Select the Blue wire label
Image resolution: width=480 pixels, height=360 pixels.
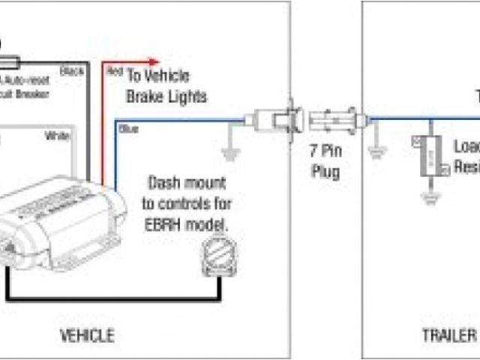pos(129,130)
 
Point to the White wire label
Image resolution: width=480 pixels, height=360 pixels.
pos(57,136)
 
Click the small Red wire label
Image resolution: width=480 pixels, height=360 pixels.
pos(115,73)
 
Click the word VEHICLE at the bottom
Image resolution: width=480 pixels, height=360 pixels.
pos(88,335)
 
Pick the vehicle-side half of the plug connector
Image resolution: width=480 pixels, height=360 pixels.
pos(277,120)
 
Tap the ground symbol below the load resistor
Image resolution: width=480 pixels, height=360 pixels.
pos(430,198)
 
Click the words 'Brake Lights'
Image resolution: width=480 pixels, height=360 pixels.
pos(166,97)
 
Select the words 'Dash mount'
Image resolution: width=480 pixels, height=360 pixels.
pos(185,184)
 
